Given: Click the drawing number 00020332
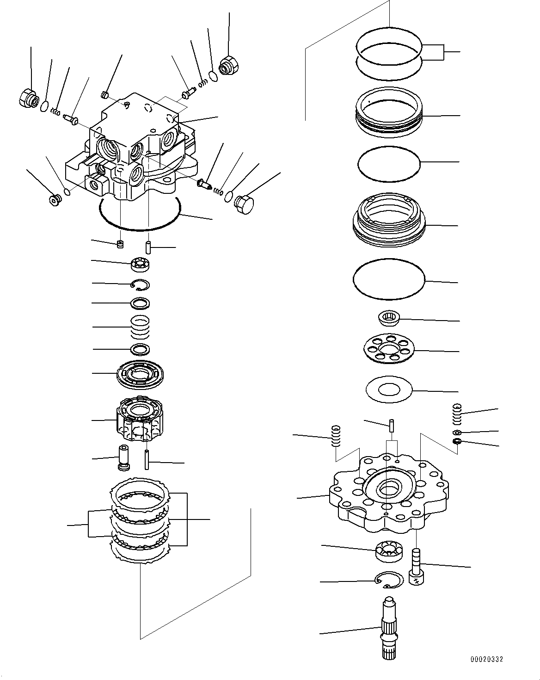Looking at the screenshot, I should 486,659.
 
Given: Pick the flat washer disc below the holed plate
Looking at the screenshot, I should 388,390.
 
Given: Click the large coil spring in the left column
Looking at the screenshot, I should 139,326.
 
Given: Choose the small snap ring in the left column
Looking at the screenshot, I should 140,284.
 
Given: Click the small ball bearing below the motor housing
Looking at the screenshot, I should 139,264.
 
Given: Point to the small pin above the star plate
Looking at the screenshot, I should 391,424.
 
